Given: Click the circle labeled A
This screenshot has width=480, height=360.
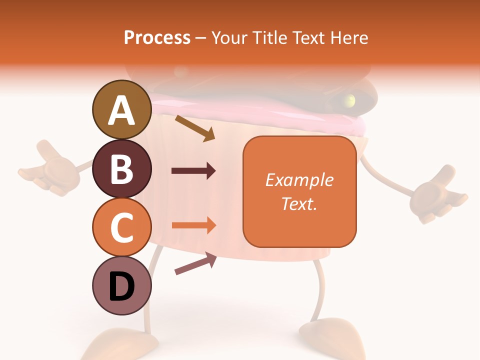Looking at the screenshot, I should [x=122, y=110].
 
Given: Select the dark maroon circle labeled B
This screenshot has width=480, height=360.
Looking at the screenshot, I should [x=122, y=168].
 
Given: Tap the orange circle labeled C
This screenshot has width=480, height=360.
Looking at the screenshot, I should [x=122, y=227].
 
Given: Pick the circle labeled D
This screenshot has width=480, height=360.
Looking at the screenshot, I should [x=122, y=285].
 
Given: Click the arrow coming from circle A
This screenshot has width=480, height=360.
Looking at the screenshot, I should [x=194, y=128].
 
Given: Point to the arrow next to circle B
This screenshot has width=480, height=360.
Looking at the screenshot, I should [x=193, y=171].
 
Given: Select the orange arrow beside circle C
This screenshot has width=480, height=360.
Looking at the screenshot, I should [x=193, y=225].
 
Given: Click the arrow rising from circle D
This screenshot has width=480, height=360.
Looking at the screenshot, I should [x=195, y=263].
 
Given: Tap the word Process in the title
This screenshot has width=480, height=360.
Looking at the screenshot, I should [x=157, y=38].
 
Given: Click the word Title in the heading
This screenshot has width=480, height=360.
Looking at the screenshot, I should [x=269, y=38].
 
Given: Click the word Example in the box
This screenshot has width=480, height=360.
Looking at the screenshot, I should [x=299, y=180].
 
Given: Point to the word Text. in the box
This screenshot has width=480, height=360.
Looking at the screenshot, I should [x=299, y=203].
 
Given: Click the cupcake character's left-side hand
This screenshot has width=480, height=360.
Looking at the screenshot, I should [x=50, y=167].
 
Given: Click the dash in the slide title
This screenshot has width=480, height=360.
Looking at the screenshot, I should [x=200, y=38].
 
